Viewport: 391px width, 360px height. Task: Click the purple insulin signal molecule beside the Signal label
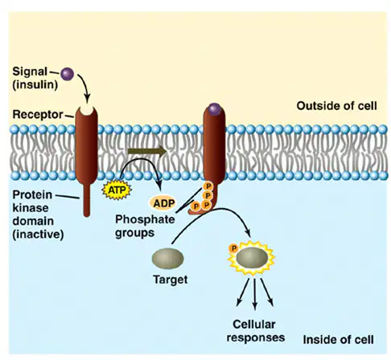67,74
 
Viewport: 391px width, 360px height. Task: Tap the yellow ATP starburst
117,190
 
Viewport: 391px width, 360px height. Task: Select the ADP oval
163,203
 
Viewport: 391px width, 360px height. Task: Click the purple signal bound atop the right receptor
214,109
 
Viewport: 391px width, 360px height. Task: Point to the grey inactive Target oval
167,259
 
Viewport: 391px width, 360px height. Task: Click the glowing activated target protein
252,258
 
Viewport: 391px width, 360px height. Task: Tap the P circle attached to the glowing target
233,248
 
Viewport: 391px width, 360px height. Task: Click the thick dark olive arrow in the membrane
147,151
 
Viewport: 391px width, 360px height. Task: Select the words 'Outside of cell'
336,106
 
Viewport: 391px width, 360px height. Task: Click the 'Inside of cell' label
338,340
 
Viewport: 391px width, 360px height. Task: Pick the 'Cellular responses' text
255,331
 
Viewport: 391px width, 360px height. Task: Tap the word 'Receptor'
38,115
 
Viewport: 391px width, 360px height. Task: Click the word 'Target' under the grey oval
171,280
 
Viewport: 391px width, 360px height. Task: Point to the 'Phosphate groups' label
145,226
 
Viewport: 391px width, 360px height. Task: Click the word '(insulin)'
35,85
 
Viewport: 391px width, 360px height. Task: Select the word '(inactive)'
38,235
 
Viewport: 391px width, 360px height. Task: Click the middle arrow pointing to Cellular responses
255,294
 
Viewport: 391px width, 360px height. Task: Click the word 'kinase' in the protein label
31,208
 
